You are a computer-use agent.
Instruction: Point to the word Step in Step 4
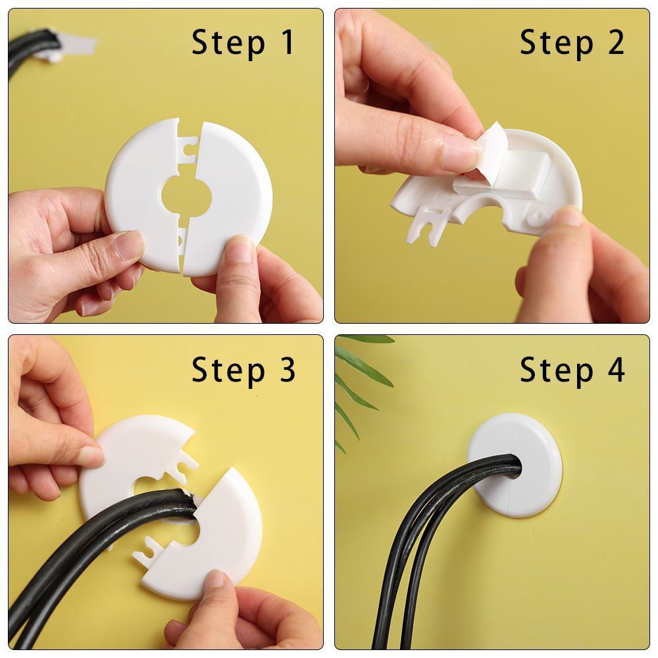(x=556, y=370)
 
